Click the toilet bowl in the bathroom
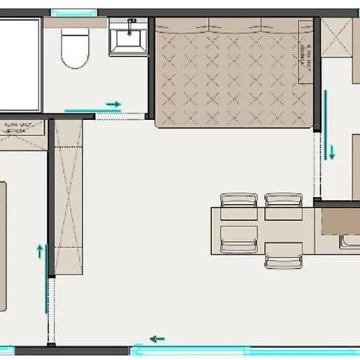[76, 50]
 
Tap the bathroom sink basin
[128, 38]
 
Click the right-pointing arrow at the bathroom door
[114, 105]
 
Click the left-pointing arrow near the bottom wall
[158, 338]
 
